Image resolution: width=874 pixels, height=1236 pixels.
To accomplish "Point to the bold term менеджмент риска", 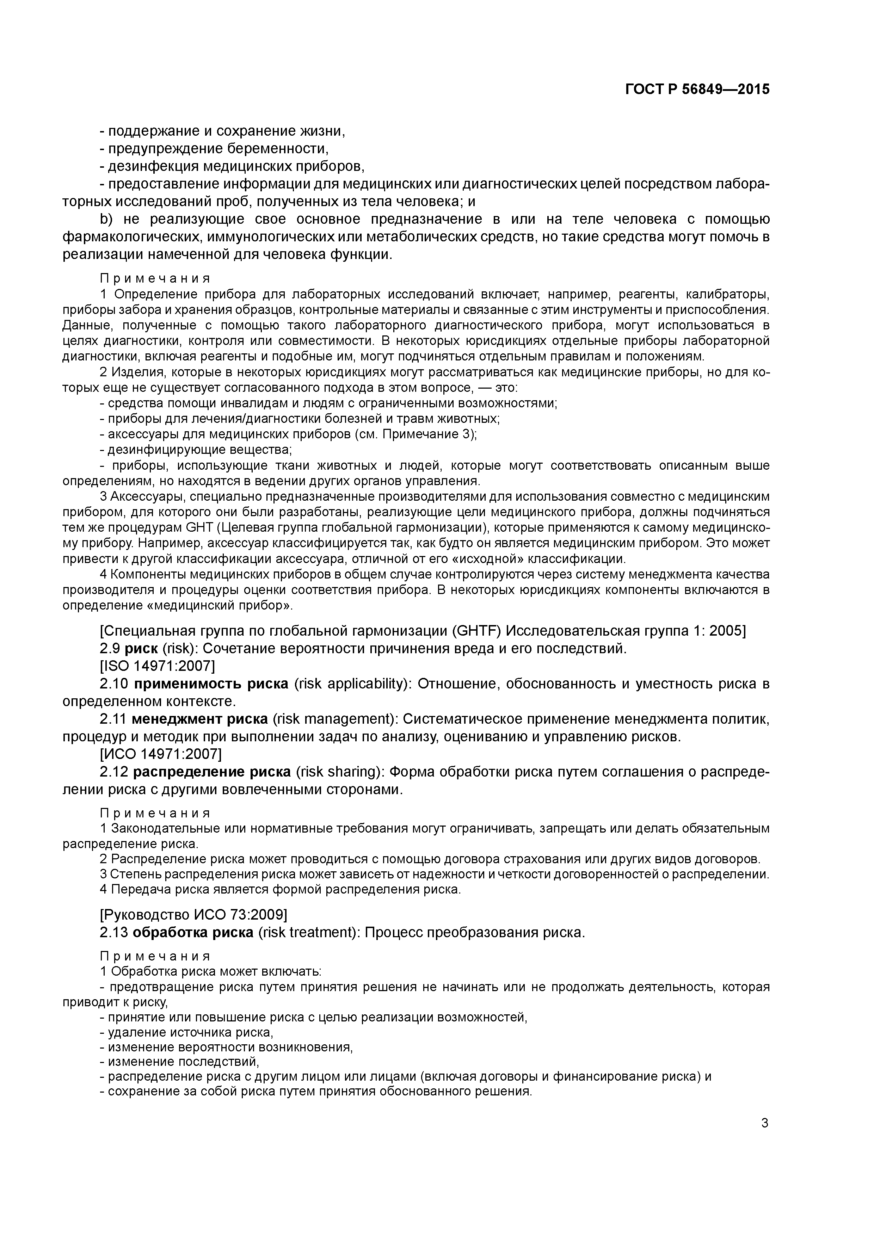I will tap(200, 719).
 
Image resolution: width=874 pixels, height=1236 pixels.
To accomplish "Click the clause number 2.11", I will tap(113, 719).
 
